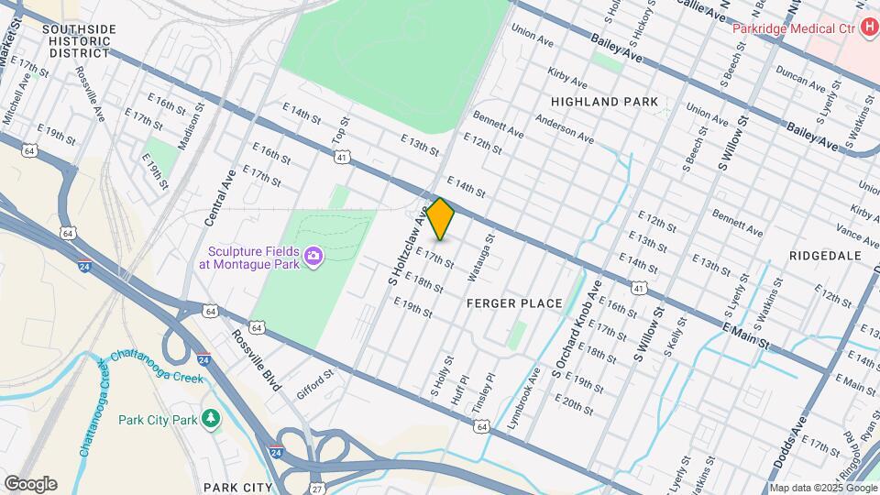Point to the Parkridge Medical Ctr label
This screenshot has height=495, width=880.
794,28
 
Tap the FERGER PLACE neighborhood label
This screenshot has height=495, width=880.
513,303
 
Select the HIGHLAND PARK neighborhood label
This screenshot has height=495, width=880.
605,102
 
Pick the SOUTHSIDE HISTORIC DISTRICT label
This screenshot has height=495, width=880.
80,41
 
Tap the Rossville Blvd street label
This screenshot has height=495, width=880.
256,360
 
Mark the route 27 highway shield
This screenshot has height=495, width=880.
315,480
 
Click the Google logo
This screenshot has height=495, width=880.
30,483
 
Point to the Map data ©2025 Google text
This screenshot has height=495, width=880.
824,488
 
